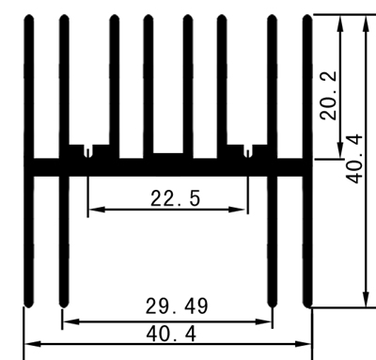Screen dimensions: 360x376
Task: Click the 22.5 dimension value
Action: [x=174, y=198]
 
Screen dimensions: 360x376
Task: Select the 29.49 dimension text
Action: [x=177, y=307]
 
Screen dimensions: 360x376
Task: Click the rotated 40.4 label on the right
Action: [x=354, y=158]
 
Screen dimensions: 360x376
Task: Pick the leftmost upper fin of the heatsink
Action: [x=28, y=85]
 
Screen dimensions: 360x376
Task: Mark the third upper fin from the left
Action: [x=113, y=85]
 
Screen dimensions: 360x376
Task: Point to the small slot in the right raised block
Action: [x=247, y=150]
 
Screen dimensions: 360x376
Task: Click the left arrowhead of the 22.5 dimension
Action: [x=91, y=210]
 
